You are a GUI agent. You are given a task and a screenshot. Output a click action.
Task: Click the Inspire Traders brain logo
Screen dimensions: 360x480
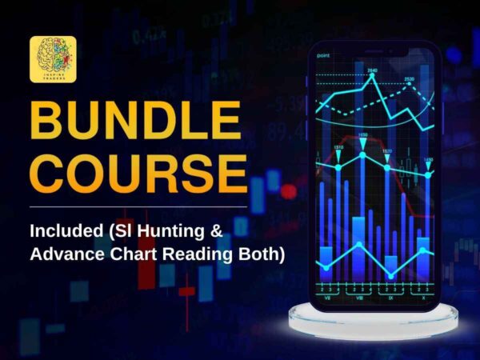(x=53, y=58)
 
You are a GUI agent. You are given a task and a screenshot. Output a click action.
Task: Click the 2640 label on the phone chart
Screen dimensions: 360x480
(x=372, y=71)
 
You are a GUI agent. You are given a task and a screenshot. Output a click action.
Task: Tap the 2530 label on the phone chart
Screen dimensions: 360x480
(x=409, y=78)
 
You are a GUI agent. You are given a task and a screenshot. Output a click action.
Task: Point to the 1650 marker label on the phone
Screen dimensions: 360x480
(x=362, y=135)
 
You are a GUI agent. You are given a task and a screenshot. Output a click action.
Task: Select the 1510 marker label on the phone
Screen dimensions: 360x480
(x=338, y=148)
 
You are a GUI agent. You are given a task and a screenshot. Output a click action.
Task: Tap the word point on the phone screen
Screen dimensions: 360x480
(x=324, y=55)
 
